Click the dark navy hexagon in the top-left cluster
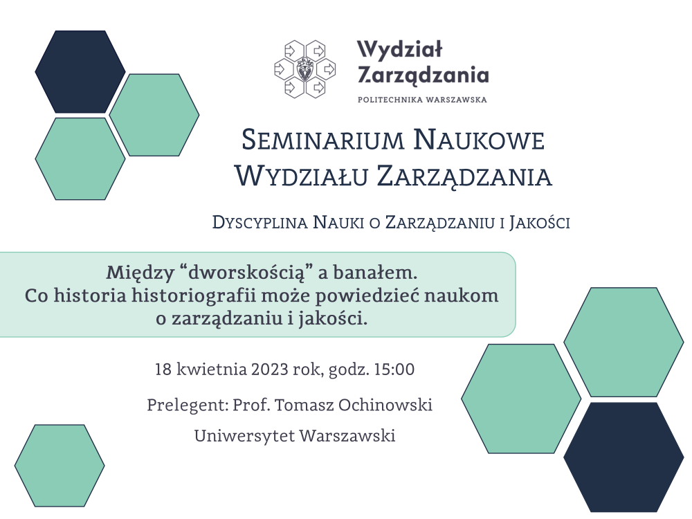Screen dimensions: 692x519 pos(80,71)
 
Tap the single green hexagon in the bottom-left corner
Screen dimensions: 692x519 pos(60,466)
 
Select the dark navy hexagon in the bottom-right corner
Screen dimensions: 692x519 pos(623,457)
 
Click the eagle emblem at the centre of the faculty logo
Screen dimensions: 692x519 pos(304,69)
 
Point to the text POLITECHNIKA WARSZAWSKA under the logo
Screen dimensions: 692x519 pos(422,100)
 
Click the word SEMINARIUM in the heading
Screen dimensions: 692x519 pos(322,139)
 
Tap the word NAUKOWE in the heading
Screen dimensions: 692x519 pos(479,139)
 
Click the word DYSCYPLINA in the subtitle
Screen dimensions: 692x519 pos(260,223)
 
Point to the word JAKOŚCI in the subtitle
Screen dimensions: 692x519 pos(539,223)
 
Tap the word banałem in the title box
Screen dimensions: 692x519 pos(375,272)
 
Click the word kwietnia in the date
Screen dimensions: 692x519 pos(212,369)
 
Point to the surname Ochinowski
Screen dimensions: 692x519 pos(385,405)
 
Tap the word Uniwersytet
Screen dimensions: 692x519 pos(244,436)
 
